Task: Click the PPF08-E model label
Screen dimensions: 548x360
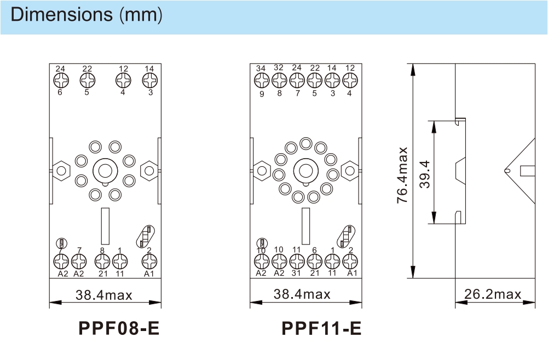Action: click(x=119, y=328)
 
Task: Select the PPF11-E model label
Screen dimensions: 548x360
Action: click(x=321, y=328)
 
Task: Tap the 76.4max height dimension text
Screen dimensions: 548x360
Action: click(x=402, y=175)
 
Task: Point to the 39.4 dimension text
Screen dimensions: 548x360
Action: click(x=425, y=174)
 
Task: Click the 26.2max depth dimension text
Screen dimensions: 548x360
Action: click(x=493, y=294)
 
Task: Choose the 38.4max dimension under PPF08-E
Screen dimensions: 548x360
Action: click(x=104, y=295)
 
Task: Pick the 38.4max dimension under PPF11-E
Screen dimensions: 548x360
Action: click(x=302, y=294)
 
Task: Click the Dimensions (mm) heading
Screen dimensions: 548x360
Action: click(x=86, y=15)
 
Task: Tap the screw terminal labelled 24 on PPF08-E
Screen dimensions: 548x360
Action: click(x=61, y=80)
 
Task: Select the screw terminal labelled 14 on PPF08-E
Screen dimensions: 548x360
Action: click(x=149, y=80)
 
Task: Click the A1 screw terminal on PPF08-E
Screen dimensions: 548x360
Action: click(x=149, y=261)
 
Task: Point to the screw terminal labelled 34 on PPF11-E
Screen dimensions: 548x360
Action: click(x=262, y=80)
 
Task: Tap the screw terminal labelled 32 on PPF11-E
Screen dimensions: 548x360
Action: click(x=279, y=80)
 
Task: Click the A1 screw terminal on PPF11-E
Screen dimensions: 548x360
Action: click(x=350, y=261)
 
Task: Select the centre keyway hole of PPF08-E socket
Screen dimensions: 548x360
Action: click(x=105, y=171)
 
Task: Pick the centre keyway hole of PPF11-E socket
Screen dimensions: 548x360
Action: click(x=306, y=171)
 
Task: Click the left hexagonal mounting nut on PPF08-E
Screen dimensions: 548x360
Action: click(x=61, y=171)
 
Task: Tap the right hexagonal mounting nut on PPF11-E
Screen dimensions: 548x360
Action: click(x=350, y=171)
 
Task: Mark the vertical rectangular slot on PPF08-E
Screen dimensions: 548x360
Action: click(x=105, y=226)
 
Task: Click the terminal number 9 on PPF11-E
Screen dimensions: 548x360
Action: click(x=262, y=94)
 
